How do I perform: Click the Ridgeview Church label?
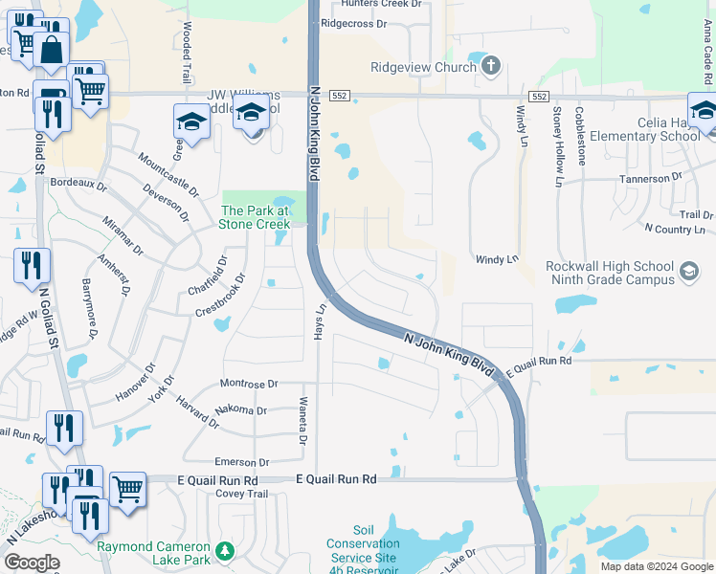423,67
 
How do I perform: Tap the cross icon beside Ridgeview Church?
491,65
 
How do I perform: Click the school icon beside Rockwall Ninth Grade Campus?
687,273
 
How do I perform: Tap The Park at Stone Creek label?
256,217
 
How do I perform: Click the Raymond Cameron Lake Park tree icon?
225,550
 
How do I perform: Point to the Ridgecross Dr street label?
353,22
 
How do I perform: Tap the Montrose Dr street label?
248,384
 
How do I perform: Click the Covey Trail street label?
243,494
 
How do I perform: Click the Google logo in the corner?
31,563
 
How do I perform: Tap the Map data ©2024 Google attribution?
656,566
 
